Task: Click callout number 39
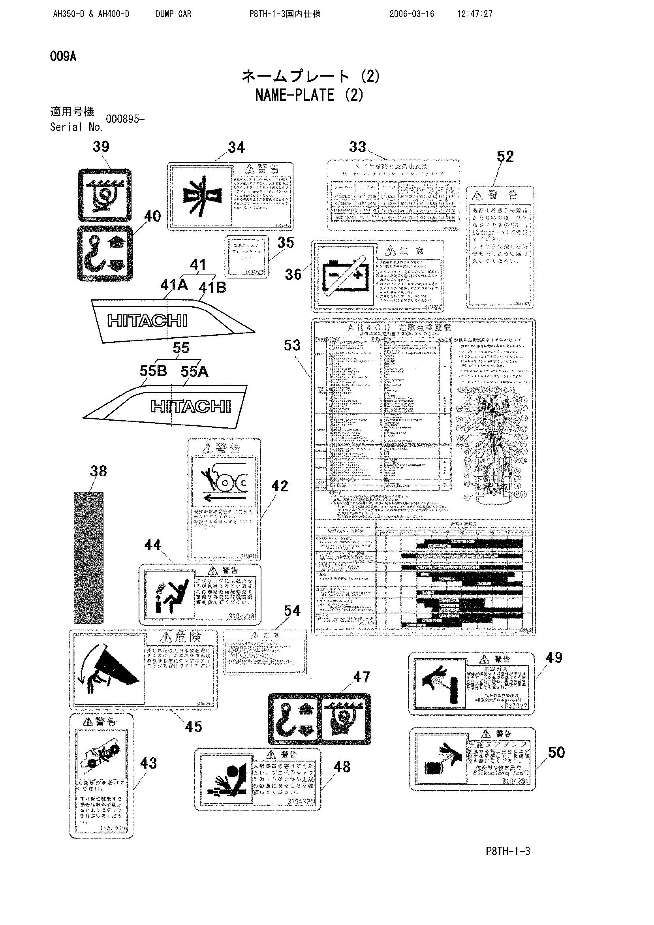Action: [x=101, y=147]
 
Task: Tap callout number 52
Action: [x=505, y=157]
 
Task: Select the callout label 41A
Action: [x=174, y=285]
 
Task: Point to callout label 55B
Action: [x=153, y=371]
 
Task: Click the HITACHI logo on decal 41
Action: [x=147, y=321]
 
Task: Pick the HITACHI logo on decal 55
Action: [x=191, y=406]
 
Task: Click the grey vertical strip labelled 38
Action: [x=88, y=558]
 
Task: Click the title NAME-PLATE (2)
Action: [x=309, y=95]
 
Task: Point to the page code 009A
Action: [x=63, y=57]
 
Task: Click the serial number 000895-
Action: [x=125, y=119]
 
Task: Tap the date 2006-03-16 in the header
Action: [x=412, y=14]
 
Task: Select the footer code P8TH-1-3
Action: [x=508, y=851]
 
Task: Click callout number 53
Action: [x=292, y=345]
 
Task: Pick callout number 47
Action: [x=361, y=677]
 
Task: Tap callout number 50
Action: [x=556, y=752]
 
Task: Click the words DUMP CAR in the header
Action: [x=173, y=14]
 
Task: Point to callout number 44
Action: [x=152, y=545]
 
